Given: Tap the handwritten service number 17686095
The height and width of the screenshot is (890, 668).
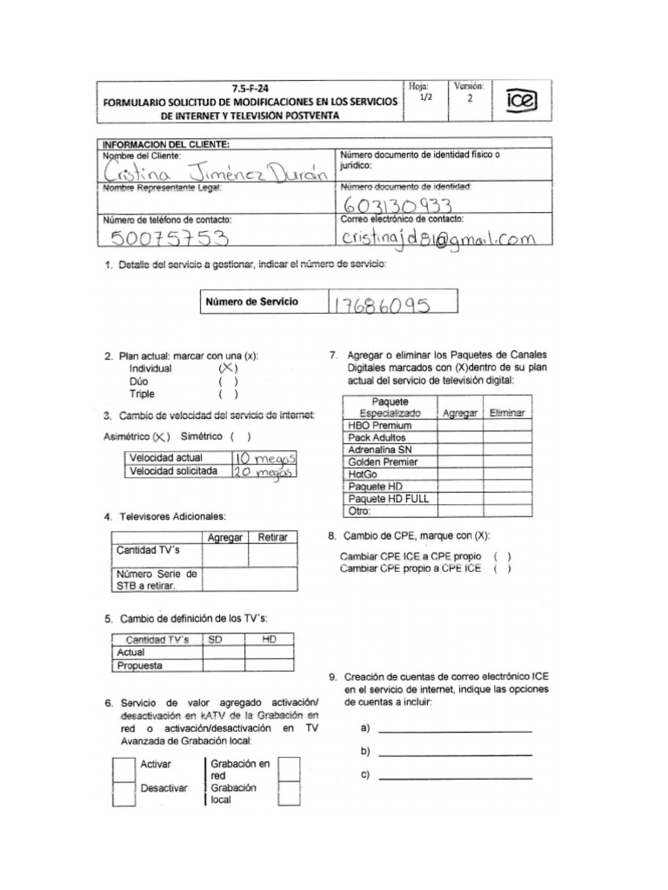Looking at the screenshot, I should coord(381,303).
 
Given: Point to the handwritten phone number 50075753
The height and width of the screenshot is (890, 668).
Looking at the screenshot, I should coord(165,239).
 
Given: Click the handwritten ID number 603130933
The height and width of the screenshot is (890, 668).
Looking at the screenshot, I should coord(397,205).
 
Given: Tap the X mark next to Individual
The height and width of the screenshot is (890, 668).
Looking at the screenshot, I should coord(228,369).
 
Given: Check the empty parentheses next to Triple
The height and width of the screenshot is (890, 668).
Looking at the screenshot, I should coord(228,393).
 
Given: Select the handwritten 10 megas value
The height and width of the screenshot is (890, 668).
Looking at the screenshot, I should coord(265,457).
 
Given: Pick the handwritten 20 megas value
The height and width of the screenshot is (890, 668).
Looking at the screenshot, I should coord(265,471).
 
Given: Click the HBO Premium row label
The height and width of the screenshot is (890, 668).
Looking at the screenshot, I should coord(379,426).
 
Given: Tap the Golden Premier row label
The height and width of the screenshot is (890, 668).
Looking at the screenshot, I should coord(384,462).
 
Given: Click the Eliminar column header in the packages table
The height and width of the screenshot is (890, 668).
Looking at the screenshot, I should coord(507,414).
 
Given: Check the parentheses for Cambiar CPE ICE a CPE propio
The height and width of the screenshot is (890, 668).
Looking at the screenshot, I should coord(502,556).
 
